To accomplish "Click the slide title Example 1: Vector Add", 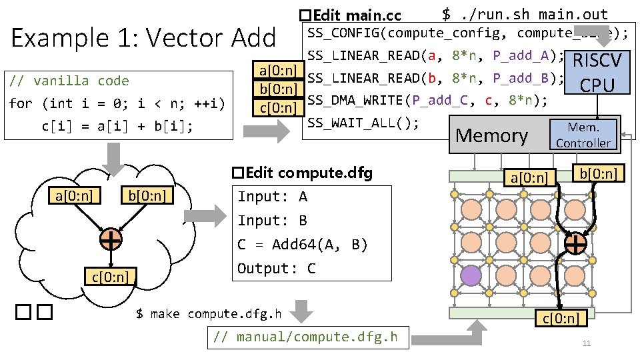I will click(x=143, y=38).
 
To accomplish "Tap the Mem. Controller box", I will click(x=583, y=135).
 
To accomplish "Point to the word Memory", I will click(x=493, y=136).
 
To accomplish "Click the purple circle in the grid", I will click(x=471, y=275).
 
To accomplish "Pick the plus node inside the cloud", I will click(x=111, y=239).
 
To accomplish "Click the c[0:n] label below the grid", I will click(x=561, y=318).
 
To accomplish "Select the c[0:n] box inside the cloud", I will click(x=111, y=276).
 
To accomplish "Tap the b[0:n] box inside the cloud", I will click(x=147, y=195).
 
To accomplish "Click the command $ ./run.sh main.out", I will click(x=525, y=14).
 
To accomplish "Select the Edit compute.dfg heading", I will click(x=302, y=173).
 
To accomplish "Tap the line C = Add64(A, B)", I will click(x=303, y=245).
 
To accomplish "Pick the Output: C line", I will click(x=277, y=269).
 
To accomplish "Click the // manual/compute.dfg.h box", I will click(x=311, y=337).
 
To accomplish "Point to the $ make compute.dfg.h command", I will click(x=209, y=313).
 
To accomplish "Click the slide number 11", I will click(x=587, y=344).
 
